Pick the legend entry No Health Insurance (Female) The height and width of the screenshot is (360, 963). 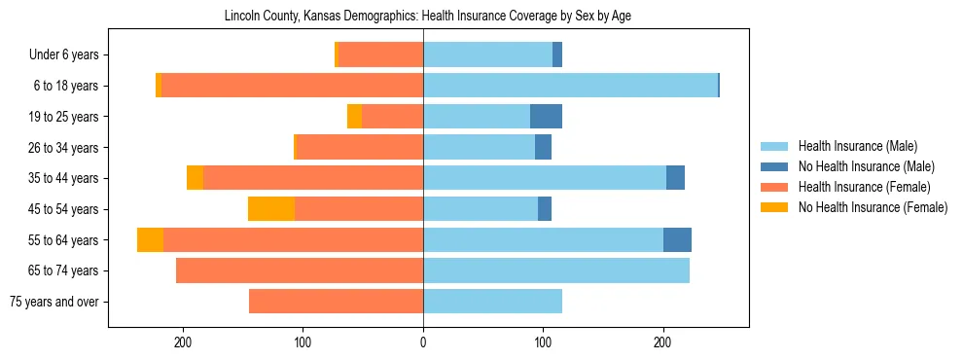pyautogui.click(x=873, y=207)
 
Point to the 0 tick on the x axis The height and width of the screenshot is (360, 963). pyautogui.click(x=423, y=342)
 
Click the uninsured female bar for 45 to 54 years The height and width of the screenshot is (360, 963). pyautogui.click(x=271, y=209)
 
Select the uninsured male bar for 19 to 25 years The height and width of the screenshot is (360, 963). pyautogui.click(x=546, y=117)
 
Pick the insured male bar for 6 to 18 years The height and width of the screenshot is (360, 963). pyautogui.click(x=570, y=86)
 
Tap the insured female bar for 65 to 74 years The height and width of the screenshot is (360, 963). pyautogui.click(x=300, y=270)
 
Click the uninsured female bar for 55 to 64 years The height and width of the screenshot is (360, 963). pyautogui.click(x=150, y=239)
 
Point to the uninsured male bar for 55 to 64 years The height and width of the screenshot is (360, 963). pyautogui.click(x=677, y=239)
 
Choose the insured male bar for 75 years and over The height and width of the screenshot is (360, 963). pyautogui.click(x=492, y=302)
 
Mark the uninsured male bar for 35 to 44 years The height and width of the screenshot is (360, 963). pyautogui.click(x=675, y=178)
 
